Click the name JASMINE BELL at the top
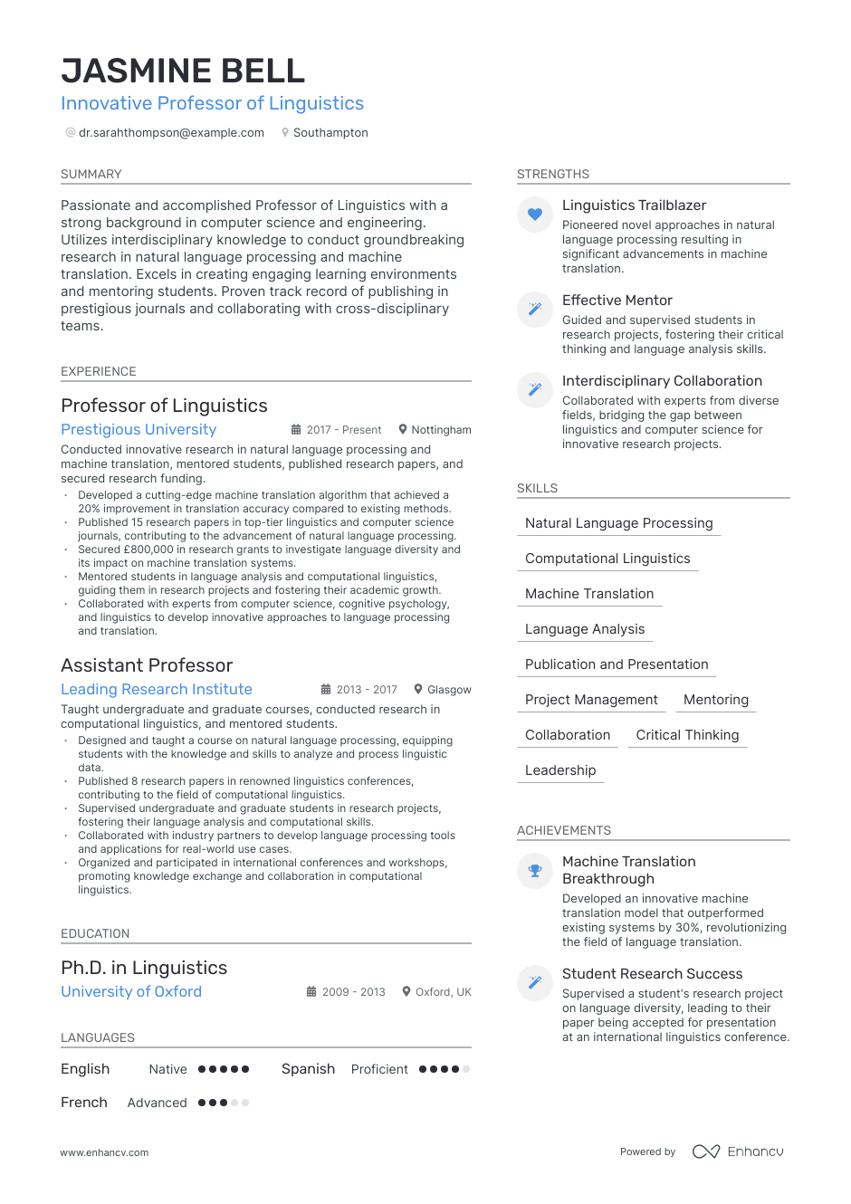(183, 71)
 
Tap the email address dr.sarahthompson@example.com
(171, 132)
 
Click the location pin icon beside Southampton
(285, 132)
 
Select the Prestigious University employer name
(139, 429)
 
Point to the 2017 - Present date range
(344, 430)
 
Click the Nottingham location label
(441, 430)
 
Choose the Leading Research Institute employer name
(157, 689)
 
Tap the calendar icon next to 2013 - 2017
(326, 690)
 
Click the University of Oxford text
(131, 991)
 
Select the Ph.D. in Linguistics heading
(144, 968)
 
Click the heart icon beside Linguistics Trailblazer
(535, 215)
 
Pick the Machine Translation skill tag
(589, 594)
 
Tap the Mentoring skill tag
(716, 700)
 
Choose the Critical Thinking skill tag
(687, 735)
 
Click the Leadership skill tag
(560, 770)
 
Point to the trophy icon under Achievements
(535, 871)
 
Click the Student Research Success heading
(652, 974)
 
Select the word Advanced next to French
(158, 1103)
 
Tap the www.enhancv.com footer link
(104, 1152)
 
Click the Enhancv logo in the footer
(738, 1151)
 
